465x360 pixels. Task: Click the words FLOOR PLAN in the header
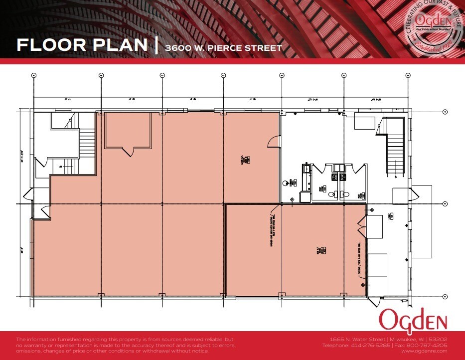click(82, 44)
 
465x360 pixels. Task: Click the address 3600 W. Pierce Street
click(224, 48)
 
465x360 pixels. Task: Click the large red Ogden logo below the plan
click(413, 319)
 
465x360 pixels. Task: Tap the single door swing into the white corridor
click(274, 143)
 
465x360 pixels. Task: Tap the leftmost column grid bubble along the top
click(34, 75)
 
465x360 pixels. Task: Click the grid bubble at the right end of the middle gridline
click(445, 203)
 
